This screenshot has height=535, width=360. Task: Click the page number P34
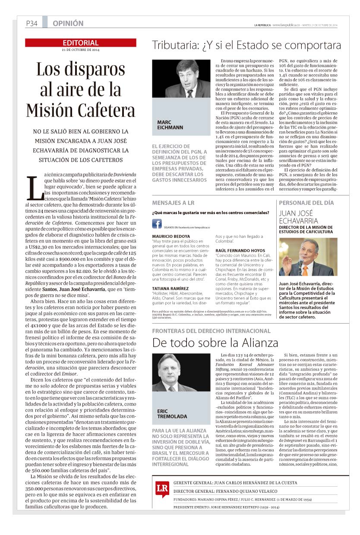point(32,24)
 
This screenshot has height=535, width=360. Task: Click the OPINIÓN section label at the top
point(68,24)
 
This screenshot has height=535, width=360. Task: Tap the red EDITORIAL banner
point(81,43)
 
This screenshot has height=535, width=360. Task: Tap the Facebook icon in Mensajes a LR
point(157,223)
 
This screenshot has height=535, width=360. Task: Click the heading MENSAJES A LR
point(173,202)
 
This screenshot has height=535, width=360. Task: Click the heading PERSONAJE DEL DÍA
point(306,202)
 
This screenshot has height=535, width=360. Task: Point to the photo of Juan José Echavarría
point(308,257)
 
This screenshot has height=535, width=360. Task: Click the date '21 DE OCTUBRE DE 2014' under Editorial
point(81,50)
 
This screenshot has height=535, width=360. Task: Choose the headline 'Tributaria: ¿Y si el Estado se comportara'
point(246,45)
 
